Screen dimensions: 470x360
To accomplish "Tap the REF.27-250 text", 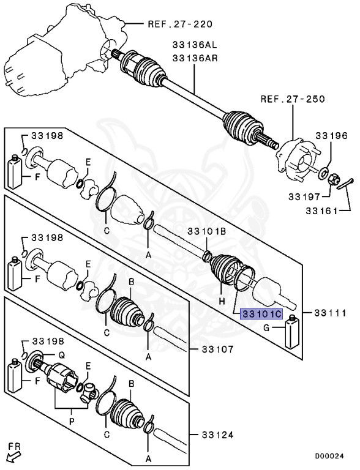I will [x=292, y=99].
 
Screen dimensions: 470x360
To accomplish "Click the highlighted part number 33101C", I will [x=261, y=314].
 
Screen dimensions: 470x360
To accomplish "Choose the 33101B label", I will [x=207, y=232].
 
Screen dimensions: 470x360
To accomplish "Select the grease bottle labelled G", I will [x=292, y=331].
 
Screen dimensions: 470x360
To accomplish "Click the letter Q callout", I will [x=61, y=354].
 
